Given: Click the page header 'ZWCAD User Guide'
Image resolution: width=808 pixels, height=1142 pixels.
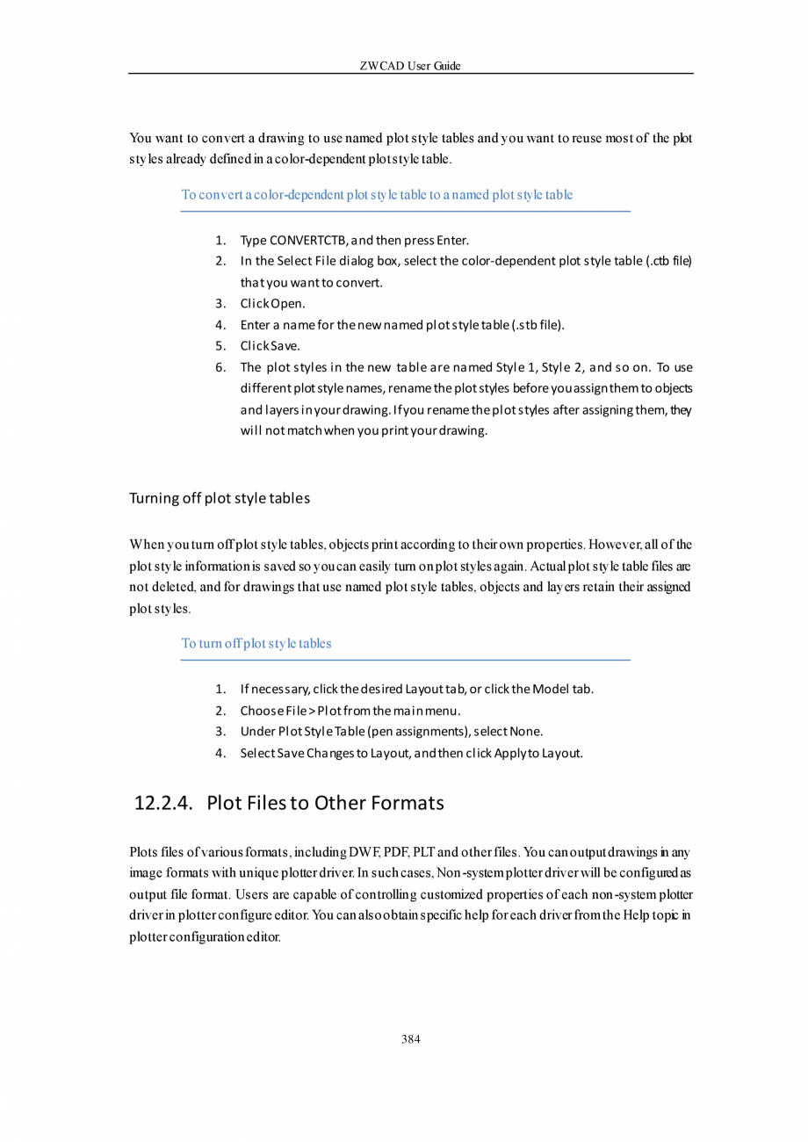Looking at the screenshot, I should tap(410, 66).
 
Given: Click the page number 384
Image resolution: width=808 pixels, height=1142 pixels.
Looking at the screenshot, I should tap(410, 1039).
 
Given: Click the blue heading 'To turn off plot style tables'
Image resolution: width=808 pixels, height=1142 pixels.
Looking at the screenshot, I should tap(256, 644).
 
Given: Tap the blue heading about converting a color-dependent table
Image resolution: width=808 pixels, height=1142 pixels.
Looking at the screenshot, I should tap(377, 195).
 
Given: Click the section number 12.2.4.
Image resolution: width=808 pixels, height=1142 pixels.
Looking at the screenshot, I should tap(163, 803).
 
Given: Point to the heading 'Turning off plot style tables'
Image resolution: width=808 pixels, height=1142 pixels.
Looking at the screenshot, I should tap(220, 499).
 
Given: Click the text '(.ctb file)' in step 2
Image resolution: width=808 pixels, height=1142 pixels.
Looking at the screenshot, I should tap(668, 262).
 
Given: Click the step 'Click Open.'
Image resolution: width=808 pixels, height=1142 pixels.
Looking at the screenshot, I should tap(273, 304).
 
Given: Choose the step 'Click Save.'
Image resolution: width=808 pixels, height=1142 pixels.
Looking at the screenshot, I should tap(271, 346).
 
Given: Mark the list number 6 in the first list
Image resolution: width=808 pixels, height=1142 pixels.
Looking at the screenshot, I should tap(220, 367).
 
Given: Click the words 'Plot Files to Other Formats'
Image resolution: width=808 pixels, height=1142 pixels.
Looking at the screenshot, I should tap(326, 803).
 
